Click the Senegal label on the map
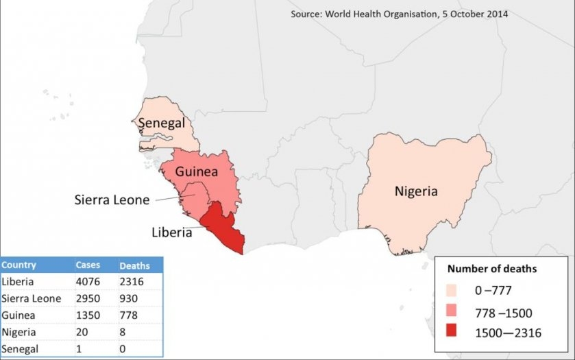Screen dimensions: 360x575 pos(165,123)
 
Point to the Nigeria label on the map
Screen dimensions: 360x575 pos(415,191)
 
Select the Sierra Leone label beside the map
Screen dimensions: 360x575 pos(112,200)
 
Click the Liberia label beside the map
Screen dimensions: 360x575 pos(171,232)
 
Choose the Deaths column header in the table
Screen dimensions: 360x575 pos(134,265)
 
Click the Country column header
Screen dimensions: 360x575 pos(19,265)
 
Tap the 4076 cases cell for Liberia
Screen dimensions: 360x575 pos(88,281)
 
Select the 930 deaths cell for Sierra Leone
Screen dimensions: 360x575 pos(129,298)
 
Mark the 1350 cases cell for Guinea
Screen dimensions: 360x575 pos(88,315)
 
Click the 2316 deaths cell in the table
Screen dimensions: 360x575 pos(132,281)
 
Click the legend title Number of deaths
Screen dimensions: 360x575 pos(492,269)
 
